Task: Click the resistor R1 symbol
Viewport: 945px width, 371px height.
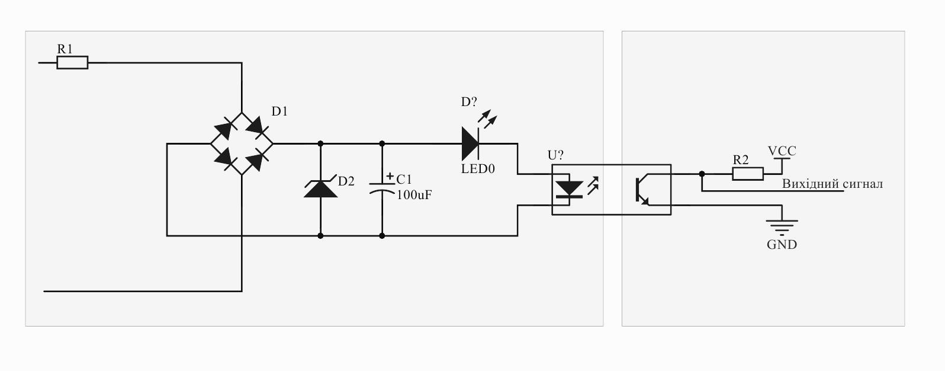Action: coord(73,62)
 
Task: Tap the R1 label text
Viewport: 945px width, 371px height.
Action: coord(65,49)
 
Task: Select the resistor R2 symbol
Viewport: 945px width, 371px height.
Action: coord(748,174)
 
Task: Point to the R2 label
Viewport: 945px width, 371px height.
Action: coord(741,160)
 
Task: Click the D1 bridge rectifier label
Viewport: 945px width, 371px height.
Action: coord(279,111)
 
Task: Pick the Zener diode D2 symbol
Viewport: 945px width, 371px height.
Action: coord(321,188)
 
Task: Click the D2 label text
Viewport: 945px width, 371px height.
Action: coord(346,181)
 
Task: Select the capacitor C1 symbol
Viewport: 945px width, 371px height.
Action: coord(382,188)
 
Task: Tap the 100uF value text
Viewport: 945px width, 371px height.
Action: coord(414,195)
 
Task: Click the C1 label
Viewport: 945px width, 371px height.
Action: coord(404,180)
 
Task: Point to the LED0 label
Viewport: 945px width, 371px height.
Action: coord(478,169)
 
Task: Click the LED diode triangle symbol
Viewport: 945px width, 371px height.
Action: coord(470,143)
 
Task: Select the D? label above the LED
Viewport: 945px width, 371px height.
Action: coord(469,102)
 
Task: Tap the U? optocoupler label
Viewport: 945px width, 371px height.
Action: coord(555,155)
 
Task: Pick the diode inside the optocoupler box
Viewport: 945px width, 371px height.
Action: coord(570,189)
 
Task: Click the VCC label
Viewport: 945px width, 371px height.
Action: coord(782,151)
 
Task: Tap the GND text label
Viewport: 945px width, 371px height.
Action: coord(782,245)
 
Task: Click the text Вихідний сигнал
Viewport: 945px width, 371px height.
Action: coord(832,184)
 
